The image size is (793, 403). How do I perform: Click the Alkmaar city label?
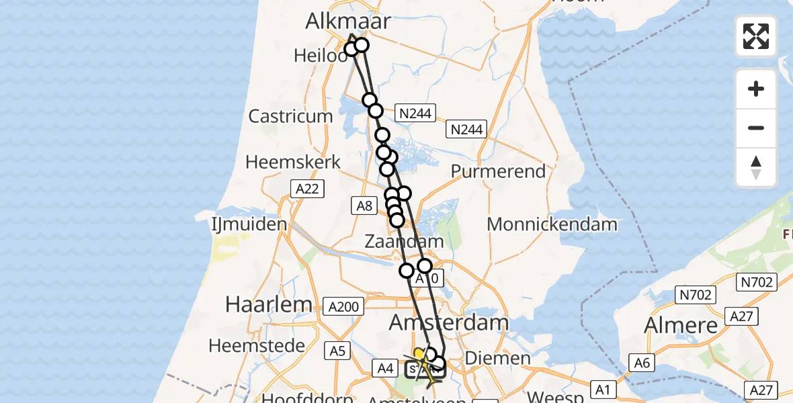click(x=347, y=21)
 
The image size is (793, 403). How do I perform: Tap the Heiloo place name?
click(x=320, y=56)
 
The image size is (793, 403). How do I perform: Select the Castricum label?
click(x=290, y=116)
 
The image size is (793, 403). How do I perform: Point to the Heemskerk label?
click(x=293, y=163)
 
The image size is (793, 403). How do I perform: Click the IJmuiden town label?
click(x=249, y=224)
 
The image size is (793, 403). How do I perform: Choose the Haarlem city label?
click(x=269, y=304)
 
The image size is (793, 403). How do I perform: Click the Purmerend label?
click(x=498, y=171)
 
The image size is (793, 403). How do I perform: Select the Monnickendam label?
click(x=552, y=224)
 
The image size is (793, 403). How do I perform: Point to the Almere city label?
click(x=681, y=326)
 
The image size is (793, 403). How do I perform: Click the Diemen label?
click(x=498, y=358)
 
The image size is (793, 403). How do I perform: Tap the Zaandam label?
click(x=404, y=241)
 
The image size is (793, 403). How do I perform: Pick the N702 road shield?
click(x=697, y=294)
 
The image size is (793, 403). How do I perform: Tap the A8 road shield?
click(x=364, y=206)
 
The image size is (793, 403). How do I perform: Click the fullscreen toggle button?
click(x=756, y=36)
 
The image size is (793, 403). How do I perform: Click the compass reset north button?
click(x=756, y=167)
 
